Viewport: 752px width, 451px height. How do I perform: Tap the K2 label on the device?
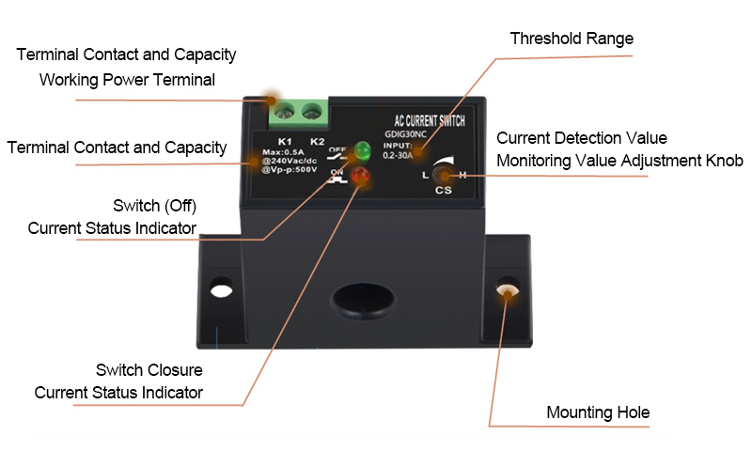point(317,141)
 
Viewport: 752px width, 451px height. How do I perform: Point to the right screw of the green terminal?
point(312,114)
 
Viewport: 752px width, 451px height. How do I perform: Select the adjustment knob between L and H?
point(444,174)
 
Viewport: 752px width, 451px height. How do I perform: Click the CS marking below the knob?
point(444,191)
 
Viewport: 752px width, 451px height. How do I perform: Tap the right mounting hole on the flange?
point(507,289)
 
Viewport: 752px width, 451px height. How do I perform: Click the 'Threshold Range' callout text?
point(572,39)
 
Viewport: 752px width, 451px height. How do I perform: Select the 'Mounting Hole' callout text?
point(598,412)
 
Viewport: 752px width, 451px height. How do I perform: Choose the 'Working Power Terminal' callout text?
point(127,80)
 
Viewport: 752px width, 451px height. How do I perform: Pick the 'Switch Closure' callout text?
point(149,369)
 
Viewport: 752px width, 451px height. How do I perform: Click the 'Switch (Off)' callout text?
point(154,205)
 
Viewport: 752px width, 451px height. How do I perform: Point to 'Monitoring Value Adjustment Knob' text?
point(619,161)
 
